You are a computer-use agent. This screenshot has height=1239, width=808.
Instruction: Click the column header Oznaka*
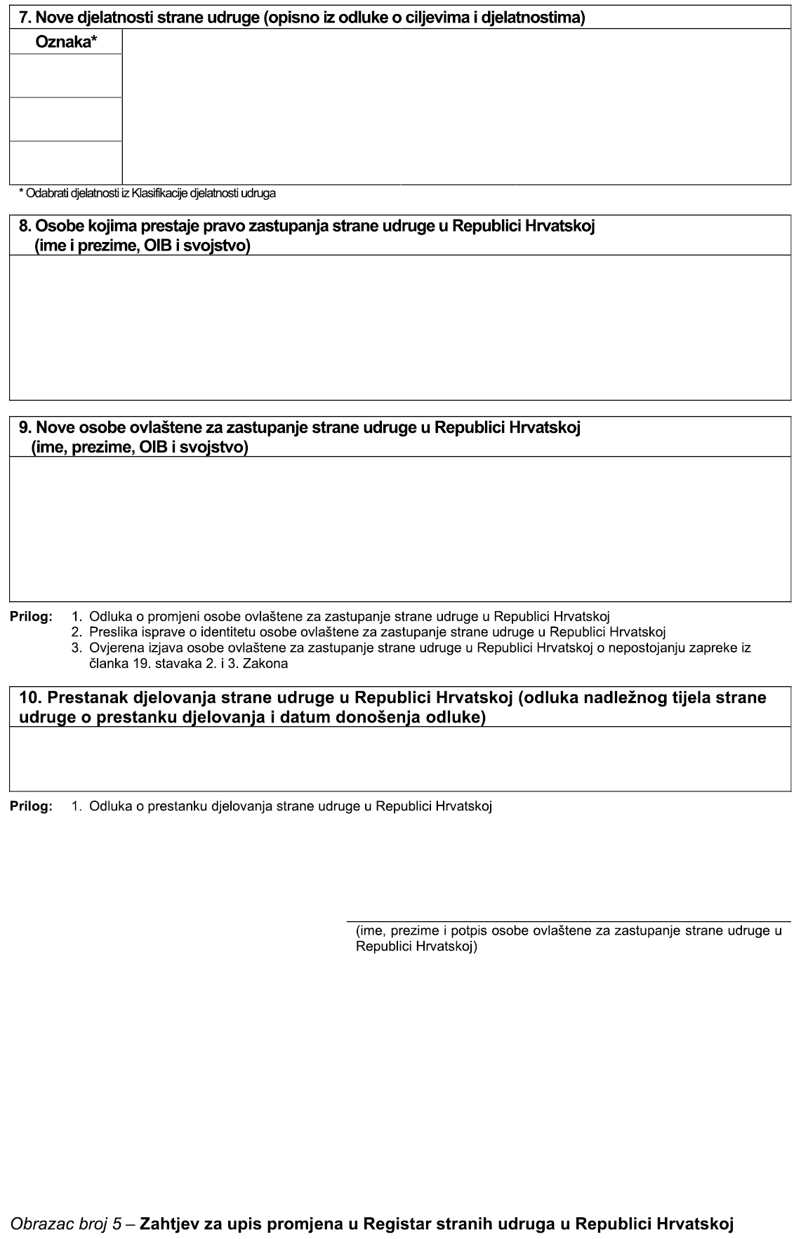(x=66, y=42)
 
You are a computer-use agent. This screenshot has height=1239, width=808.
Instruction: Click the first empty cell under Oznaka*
(x=66, y=76)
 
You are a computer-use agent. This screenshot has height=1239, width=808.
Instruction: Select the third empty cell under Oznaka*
(x=66, y=163)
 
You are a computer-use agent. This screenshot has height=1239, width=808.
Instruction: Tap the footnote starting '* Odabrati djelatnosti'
(x=147, y=193)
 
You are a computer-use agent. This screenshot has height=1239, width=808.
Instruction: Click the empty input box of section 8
(x=400, y=327)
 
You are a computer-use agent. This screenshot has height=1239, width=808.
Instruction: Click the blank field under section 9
(x=400, y=528)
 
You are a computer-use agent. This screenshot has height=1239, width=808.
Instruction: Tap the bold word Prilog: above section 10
(x=31, y=617)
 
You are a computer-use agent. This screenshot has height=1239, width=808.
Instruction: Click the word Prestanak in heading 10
(x=84, y=698)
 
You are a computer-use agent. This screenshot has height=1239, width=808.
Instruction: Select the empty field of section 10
(x=400, y=758)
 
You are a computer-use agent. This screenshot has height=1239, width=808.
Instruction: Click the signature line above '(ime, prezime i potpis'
(x=569, y=920)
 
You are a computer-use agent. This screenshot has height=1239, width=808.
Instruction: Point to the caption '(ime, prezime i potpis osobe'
(x=569, y=938)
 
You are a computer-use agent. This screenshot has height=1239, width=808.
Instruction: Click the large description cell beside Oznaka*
(x=456, y=107)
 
